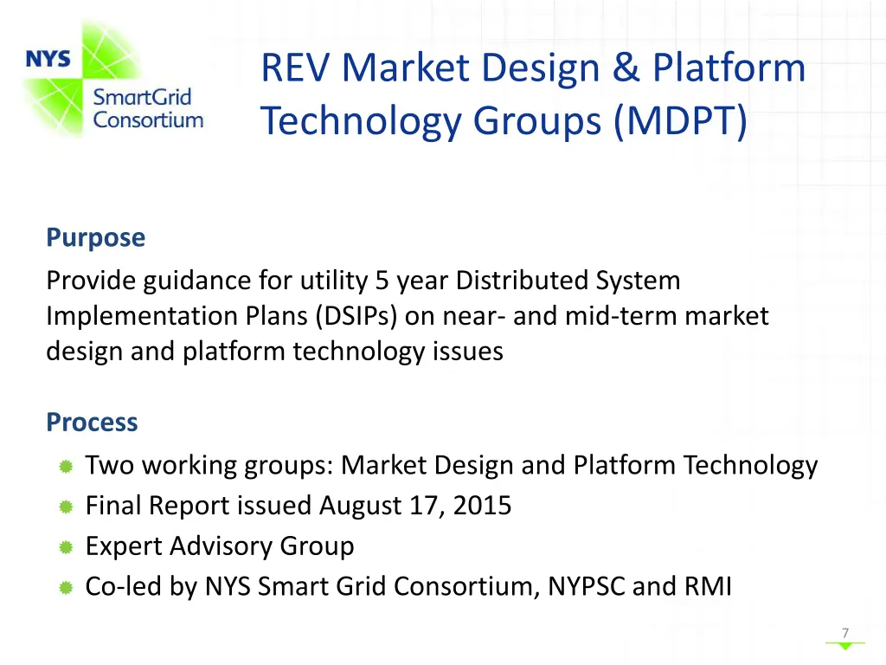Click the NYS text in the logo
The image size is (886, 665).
(x=48, y=59)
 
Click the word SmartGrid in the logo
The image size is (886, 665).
(x=142, y=98)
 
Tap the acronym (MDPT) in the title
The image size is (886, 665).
(x=680, y=119)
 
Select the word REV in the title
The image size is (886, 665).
(x=296, y=68)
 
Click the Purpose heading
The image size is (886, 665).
(x=96, y=237)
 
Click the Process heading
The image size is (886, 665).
(x=92, y=422)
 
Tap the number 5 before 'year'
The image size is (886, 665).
(x=382, y=281)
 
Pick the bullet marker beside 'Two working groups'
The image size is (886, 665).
(x=65, y=467)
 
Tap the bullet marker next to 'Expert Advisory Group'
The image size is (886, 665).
(x=65, y=547)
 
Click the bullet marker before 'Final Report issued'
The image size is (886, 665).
(x=65, y=507)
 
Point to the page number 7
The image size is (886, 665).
(x=844, y=633)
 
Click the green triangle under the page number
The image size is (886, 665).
(x=844, y=646)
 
